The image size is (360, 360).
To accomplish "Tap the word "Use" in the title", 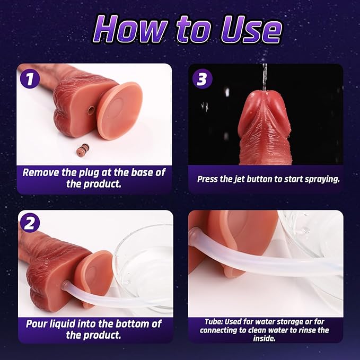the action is tap(251, 30).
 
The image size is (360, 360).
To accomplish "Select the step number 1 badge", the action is tap(30, 79).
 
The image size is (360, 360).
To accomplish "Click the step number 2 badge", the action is tap(30, 223).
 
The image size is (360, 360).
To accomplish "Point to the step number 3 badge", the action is tap(203, 79).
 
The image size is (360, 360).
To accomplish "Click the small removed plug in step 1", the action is tap(83, 150).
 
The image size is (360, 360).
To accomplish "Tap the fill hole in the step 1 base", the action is tap(91, 110).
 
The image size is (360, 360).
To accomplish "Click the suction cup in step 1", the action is tap(119, 111).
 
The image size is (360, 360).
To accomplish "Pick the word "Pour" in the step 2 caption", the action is tap(35, 324).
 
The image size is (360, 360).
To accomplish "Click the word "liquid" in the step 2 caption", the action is tap(60, 324).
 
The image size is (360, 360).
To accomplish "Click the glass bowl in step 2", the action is tap(144, 267).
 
